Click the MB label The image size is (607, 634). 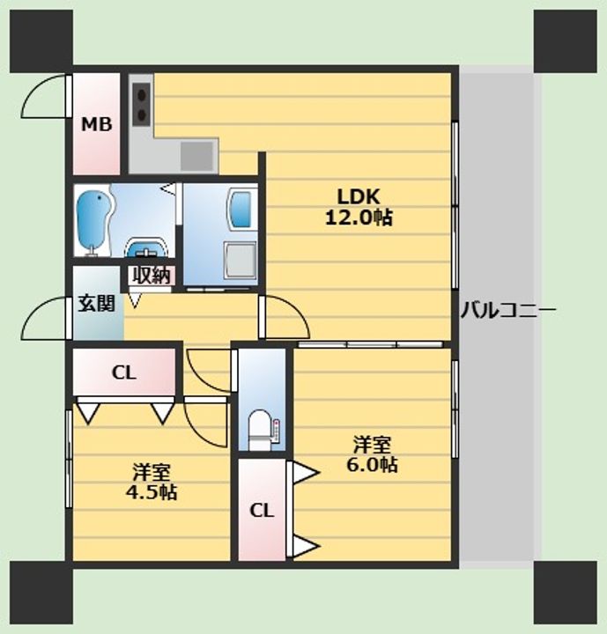coord(97,124)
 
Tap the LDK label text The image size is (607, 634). coord(359,197)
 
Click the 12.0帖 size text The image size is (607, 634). coord(359,218)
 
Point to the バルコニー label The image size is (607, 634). coord(508,310)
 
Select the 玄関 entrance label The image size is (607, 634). coord(96,303)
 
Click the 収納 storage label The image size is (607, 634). coord(152,276)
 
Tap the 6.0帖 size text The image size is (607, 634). coord(372,465)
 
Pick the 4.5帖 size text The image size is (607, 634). coord(152,492)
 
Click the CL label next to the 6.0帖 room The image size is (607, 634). coord(262,511)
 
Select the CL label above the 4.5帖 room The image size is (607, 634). coord(124,372)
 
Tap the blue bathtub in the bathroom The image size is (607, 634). coord(93,223)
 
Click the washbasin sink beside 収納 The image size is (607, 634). coord(146,247)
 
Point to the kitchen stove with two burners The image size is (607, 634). coord(142,104)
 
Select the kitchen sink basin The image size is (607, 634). coord(197,156)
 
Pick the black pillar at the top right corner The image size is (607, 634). coord(566,41)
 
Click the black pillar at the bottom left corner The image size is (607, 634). coord(41,593)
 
